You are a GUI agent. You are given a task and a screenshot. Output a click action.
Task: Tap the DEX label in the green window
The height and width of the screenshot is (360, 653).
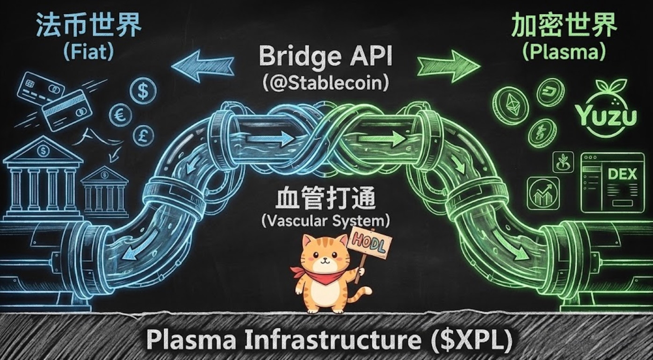pos(622,174)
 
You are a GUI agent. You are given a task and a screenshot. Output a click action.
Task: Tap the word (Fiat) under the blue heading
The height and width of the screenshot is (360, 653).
pos(87,52)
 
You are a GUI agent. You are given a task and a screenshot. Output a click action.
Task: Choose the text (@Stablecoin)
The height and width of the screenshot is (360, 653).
pos(326,83)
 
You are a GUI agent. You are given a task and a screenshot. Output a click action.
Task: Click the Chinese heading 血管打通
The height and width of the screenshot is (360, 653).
pos(326,200)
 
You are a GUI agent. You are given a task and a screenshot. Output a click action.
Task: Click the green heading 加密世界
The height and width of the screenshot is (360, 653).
pos(564,27)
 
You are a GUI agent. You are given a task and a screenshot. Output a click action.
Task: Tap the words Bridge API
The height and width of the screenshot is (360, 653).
pos(326,57)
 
